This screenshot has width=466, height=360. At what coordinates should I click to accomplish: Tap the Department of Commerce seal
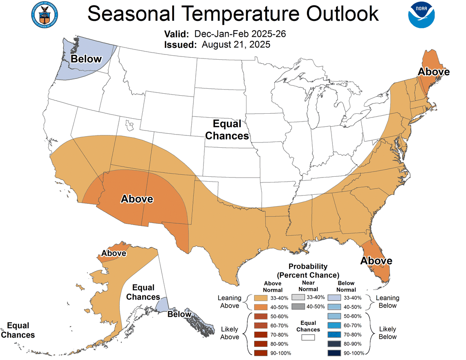point(44,14)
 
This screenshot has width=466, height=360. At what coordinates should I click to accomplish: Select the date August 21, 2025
point(236,45)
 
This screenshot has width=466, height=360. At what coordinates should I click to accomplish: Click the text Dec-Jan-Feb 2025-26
point(240,34)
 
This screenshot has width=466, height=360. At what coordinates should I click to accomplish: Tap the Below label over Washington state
point(86,59)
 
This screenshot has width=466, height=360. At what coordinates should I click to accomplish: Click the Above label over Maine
point(433,72)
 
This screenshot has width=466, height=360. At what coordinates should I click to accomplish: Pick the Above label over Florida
point(376,261)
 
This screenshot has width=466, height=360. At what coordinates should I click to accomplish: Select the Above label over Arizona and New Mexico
point(137,199)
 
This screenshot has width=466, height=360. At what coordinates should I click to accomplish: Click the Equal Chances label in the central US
point(227,130)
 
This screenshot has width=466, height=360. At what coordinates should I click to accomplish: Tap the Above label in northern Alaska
point(114,253)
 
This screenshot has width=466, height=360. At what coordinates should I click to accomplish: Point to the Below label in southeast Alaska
point(179,314)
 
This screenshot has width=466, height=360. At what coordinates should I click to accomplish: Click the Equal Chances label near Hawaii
point(18,330)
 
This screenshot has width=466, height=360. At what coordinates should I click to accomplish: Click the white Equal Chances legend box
point(308,337)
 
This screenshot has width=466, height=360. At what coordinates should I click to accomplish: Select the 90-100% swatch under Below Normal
point(336,353)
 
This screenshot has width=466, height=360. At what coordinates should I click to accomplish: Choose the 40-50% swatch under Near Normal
point(298,306)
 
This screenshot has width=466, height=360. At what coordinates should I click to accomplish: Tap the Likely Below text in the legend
point(387,333)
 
